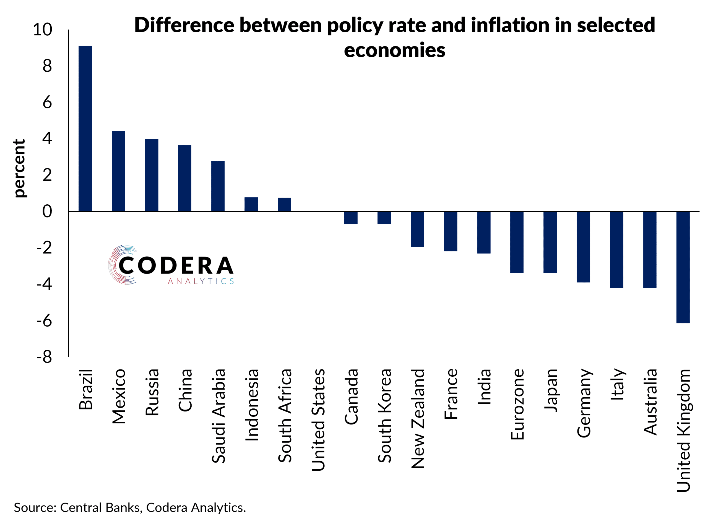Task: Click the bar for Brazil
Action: (x=85, y=128)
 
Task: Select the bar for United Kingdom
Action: (x=683, y=267)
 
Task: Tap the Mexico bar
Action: (x=118, y=171)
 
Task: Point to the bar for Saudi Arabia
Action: (x=218, y=186)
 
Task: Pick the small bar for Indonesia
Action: (x=251, y=204)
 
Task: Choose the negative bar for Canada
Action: (x=351, y=218)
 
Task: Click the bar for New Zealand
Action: (x=417, y=229)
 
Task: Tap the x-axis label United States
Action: (x=318, y=420)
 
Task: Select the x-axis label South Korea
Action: (x=384, y=416)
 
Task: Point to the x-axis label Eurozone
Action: (x=517, y=404)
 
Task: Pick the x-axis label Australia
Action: (x=650, y=402)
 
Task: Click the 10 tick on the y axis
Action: (x=42, y=30)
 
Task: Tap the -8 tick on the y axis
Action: (x=44, y=357)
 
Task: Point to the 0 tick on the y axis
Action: (x=47, y=211)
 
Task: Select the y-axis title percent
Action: (x=20, y=169)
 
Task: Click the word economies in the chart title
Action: (x=394, y=50)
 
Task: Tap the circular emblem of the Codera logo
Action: (x=122, y=265)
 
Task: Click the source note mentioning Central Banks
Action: (x=130, y=507)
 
